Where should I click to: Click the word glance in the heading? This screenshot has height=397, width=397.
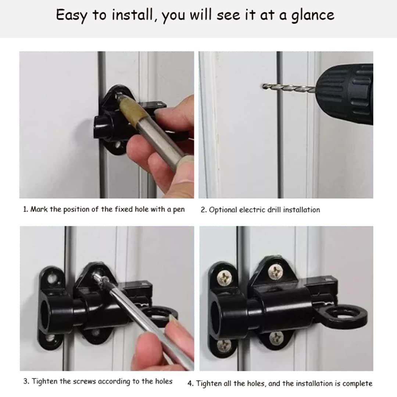pos(312,15)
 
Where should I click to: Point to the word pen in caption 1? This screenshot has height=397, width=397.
pos(179,210)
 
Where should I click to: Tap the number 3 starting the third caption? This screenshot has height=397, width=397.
pos(25,381)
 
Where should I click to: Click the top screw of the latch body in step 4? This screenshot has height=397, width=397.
pos(275,271)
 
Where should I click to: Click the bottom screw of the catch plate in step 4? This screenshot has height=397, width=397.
pos(223,345)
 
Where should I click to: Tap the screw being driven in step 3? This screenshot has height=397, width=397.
pos(98,276)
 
